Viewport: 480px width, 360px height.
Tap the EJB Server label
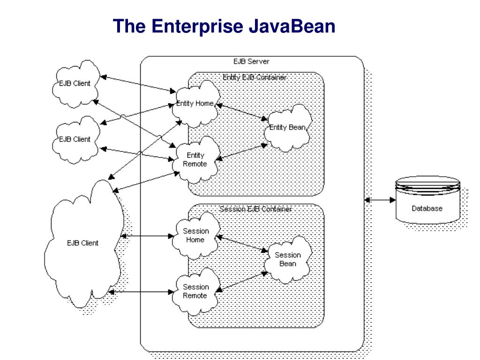point(251,61)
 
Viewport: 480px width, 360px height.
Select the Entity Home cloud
point(195,104)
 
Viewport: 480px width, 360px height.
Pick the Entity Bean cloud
point(287,127)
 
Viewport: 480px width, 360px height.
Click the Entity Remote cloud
point(195,160)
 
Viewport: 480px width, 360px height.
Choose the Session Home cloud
point(195,235)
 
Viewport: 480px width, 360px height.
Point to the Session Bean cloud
point(287,259)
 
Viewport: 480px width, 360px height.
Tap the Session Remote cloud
point(195,291)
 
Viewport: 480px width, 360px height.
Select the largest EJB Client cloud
point(82,243)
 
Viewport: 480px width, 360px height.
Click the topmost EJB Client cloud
point(75,83)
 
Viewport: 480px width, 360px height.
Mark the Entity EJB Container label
point(255,77)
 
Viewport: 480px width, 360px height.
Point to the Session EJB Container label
point(255,209)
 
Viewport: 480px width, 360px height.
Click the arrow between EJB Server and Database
point(380,200)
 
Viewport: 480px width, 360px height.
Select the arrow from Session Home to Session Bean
point(242,244)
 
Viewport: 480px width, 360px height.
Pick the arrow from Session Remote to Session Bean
point(242,283)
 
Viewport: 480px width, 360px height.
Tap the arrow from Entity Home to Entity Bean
point(241,112)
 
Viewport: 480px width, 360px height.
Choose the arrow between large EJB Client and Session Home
point(147,236)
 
